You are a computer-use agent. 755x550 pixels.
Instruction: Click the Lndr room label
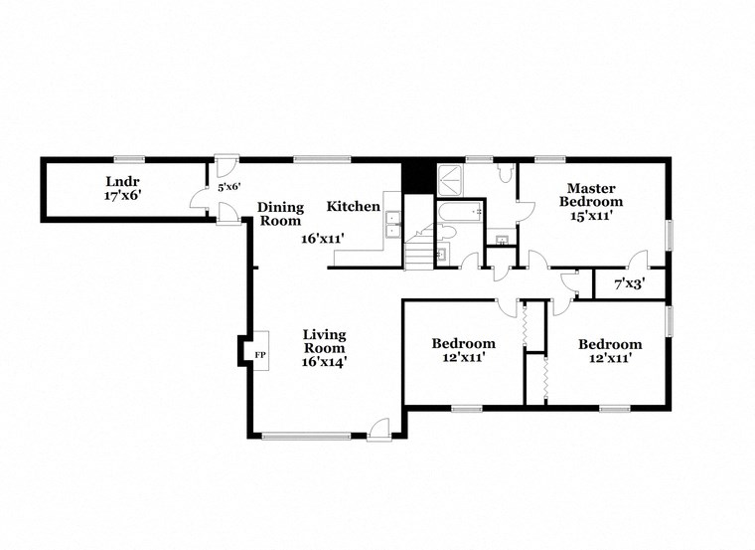click(122, 181)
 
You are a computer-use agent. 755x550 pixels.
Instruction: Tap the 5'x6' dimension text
click(229, 186)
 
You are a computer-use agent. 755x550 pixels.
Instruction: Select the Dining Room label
click(280, 214)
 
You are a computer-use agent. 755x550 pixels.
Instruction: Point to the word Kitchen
click(354, 206)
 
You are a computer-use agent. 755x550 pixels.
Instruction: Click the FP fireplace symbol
click(260, 354)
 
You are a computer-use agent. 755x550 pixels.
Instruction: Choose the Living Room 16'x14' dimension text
click(325, 362)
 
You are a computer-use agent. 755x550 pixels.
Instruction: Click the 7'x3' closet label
click(629, 283)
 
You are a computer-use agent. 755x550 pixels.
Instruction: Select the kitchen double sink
click(392, 224)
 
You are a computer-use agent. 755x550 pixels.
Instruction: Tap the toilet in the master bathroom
click(505, 176)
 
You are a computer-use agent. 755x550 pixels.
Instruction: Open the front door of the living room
click(377, 430)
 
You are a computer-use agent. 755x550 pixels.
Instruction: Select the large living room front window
click(306, 435)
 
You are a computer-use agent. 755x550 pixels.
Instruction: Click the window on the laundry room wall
click(125, 158)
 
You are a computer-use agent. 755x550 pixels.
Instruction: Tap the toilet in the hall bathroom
click(447, 234)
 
